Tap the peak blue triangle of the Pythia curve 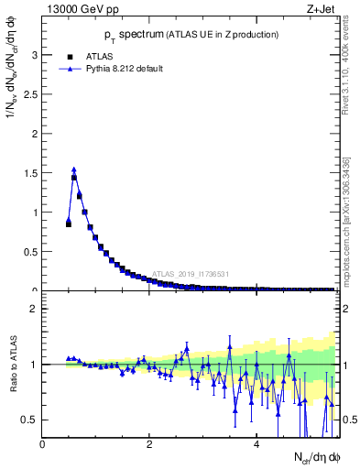coord(74,169)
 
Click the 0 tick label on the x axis coord(43,444)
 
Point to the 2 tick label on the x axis coord(149,444)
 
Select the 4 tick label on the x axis coord(256,444)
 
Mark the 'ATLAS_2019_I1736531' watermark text coord(191,274)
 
